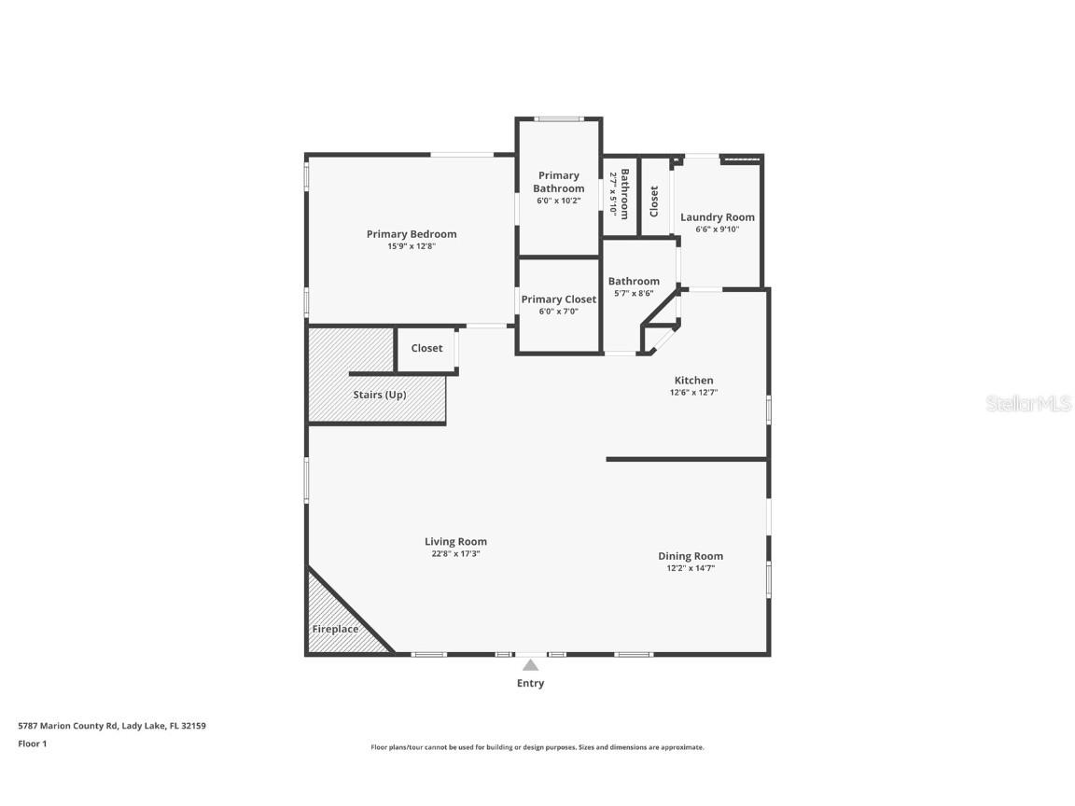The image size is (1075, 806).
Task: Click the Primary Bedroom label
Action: tap(412, 234)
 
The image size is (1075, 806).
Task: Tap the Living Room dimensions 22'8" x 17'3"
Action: tap(456, 554)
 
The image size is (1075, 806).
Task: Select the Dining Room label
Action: tap(691, 556)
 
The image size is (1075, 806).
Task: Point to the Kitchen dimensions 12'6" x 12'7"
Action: tap(694, 393)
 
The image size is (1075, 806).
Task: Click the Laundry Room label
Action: tap(717, 217)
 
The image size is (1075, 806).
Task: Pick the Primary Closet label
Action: tap(559, 299)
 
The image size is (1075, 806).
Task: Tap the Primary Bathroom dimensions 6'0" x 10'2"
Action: tap(559, 201)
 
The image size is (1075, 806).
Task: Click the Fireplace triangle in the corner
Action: tap(336, 620)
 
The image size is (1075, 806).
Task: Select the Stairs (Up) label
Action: tap(380, 395)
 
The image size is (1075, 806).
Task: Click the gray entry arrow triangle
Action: tap(531, 665)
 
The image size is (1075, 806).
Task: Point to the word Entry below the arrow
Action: tap(531, 683)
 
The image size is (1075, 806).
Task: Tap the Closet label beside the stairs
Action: tap(426, 348)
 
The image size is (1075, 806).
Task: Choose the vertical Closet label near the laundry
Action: tap(654, 201)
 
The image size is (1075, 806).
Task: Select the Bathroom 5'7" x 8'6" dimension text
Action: tap(635, 293)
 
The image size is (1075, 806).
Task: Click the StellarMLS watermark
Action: tap(1028, 404)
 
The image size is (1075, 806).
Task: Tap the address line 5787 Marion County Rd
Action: tap(112, 726)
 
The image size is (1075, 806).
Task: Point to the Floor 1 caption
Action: tap(33, 743)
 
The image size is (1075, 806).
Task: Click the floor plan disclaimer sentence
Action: tap(537, 747)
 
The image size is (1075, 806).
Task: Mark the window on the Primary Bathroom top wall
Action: tap(560, 119)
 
